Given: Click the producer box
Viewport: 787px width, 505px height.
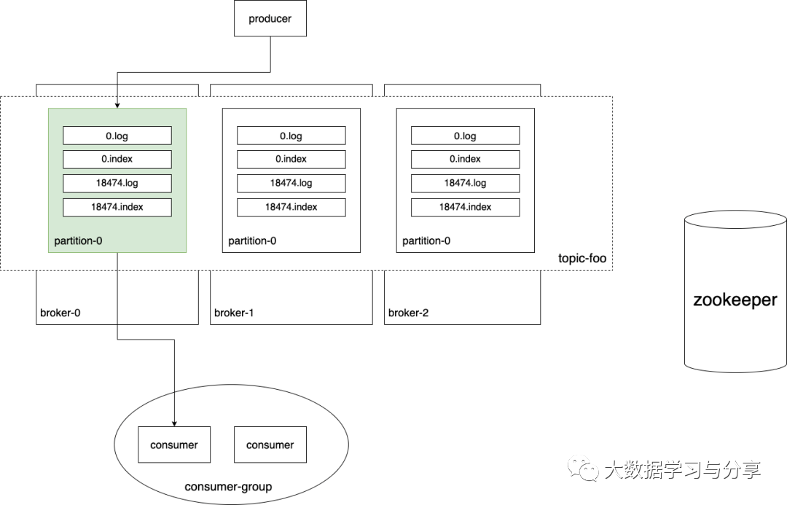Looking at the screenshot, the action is tap(270, 18).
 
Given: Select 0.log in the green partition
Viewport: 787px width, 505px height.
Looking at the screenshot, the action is tap(117, 136).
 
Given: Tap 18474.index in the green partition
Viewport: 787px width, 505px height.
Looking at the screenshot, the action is tap(117, 208).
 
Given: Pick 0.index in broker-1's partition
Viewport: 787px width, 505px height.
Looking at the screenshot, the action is tap(291, 159).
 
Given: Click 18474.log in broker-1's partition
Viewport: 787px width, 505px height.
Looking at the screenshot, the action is tap(291, 183).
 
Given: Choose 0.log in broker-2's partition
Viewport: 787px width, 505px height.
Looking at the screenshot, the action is tap(465, 136).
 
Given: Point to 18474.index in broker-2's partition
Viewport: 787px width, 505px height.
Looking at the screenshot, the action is tap(465, 208).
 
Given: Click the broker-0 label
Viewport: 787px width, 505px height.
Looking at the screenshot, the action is tap(60, 313).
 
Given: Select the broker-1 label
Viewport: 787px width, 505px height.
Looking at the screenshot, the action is tap(234, 313).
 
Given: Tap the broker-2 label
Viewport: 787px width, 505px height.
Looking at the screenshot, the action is tap(409, 313).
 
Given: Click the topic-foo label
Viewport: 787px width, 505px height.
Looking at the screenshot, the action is tap(582, 258).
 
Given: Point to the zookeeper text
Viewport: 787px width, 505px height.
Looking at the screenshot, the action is tap(735, 300).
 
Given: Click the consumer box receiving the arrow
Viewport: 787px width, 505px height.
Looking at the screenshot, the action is tap(174, 445).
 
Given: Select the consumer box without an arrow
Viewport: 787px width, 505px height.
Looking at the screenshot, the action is tap(270, 445).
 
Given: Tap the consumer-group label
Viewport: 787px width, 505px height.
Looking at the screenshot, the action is tap(228, 487).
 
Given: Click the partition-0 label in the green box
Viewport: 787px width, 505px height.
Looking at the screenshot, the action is tap(78, 241).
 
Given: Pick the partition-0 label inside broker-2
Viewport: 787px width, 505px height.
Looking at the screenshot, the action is tap(426, 241).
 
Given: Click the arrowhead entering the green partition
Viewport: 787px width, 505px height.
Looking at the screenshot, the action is tap(117, 106).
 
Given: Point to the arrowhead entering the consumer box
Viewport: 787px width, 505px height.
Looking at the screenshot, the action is tap(174, 423).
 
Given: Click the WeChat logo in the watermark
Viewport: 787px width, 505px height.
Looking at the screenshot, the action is tap(583, 469).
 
